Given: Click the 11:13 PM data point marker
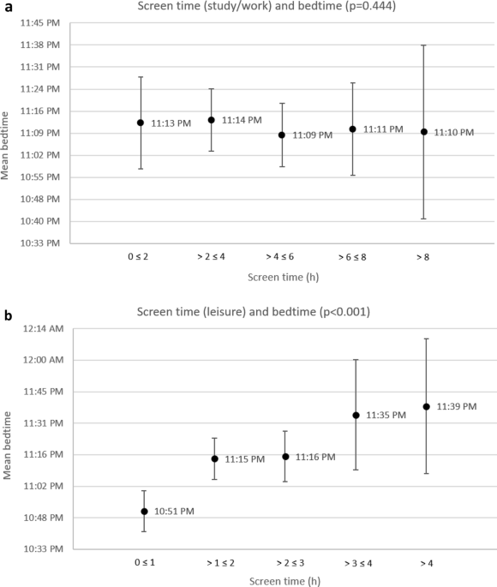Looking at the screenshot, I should click(141, 123).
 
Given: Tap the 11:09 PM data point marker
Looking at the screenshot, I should click(282, 135).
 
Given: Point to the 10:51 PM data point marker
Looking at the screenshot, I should click(144, 512).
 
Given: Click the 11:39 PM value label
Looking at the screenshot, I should click(456, 406).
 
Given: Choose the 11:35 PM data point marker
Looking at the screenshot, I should click(356, 416).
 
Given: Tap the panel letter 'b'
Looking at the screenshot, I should click(8, 314).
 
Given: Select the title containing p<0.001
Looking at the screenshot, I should click(253, 312).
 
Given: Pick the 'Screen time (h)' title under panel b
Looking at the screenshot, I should click(285, 580).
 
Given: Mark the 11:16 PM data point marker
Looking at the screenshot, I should click(285, 457).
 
